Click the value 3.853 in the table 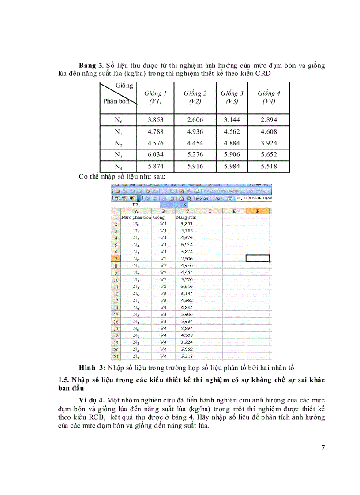[x=156, y=120]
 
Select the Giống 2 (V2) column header [x=195, y=97]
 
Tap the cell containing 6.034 [x=156, y=155]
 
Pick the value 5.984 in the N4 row [x=232, y=167]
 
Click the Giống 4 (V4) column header [x=269, y=97]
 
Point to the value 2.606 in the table [x=195, y=120]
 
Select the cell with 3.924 [x=269, y=143]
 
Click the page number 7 [x=323, y=448]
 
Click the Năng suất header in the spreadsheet [x=186, y=217]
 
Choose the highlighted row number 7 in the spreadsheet [x=116, y=259]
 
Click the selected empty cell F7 [x=258, y=259]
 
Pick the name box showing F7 [x=137, y=205]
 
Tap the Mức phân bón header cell [x=136, y=217]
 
